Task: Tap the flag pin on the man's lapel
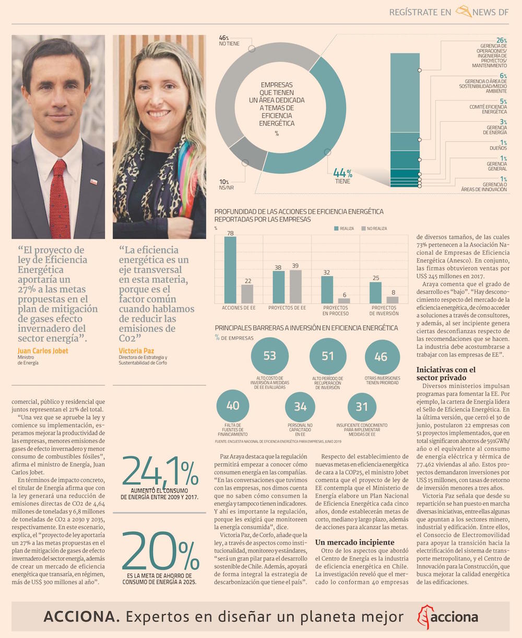point(93,181)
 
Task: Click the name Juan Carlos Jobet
point(43,351)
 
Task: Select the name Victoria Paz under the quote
point(136,351)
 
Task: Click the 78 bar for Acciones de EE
point(230,270)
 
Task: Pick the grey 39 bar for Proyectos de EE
point(295,287)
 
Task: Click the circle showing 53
point(269,356)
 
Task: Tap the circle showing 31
point(362,407)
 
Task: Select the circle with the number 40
point(233,406)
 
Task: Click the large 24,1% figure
point(160,472)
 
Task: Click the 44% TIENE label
point(343,176)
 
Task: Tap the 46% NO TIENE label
point(229,41)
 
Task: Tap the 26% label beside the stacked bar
point(501,41)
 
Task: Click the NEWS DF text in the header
point(490,12)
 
